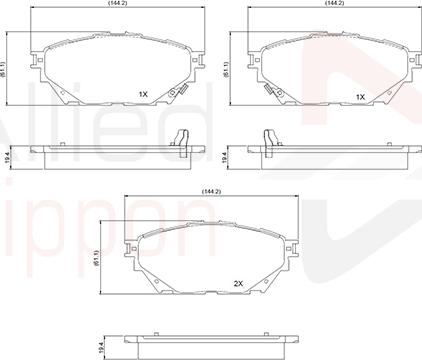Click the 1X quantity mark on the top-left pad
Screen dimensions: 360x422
[x=143, y=95]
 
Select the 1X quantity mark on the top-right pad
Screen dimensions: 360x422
[x=360, y=97]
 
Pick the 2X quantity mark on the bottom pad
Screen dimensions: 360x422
[x=238, y=283]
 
